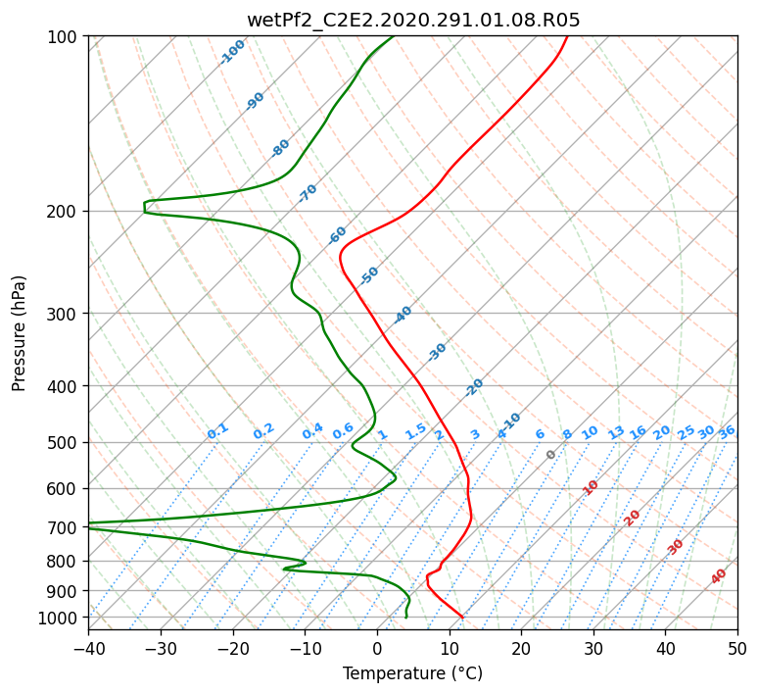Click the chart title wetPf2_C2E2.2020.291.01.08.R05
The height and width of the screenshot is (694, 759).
(x=413, y=20)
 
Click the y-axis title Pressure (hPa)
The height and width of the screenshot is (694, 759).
(x=19, y=333)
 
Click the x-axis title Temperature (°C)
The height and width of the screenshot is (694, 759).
(x=413, y=673)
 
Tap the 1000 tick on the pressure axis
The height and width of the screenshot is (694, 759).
(x=60, y=618)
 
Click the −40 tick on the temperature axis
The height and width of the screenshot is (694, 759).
(x=88, y=648)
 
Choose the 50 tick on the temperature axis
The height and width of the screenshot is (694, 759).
(x=737, y=648)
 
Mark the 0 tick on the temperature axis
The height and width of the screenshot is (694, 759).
(x=378, y=648)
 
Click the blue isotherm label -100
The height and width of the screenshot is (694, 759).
(x=232, y=52)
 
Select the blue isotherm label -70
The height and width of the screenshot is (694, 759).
(x=308, y=193)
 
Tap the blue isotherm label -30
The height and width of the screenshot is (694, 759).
(x=437, y=352)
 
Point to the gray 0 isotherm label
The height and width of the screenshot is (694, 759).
(x=550, y=455)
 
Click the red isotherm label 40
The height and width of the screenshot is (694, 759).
(x=718, y=576)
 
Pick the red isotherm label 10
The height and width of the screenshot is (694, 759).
(x=591, y=487)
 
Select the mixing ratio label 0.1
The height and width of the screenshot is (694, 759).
(x=217, y=431)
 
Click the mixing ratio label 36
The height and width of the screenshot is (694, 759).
(x=727, y=432)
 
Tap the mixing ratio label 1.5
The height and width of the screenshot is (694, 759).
(x=416, y=431)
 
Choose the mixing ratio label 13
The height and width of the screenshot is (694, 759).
(x=616, y=432)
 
